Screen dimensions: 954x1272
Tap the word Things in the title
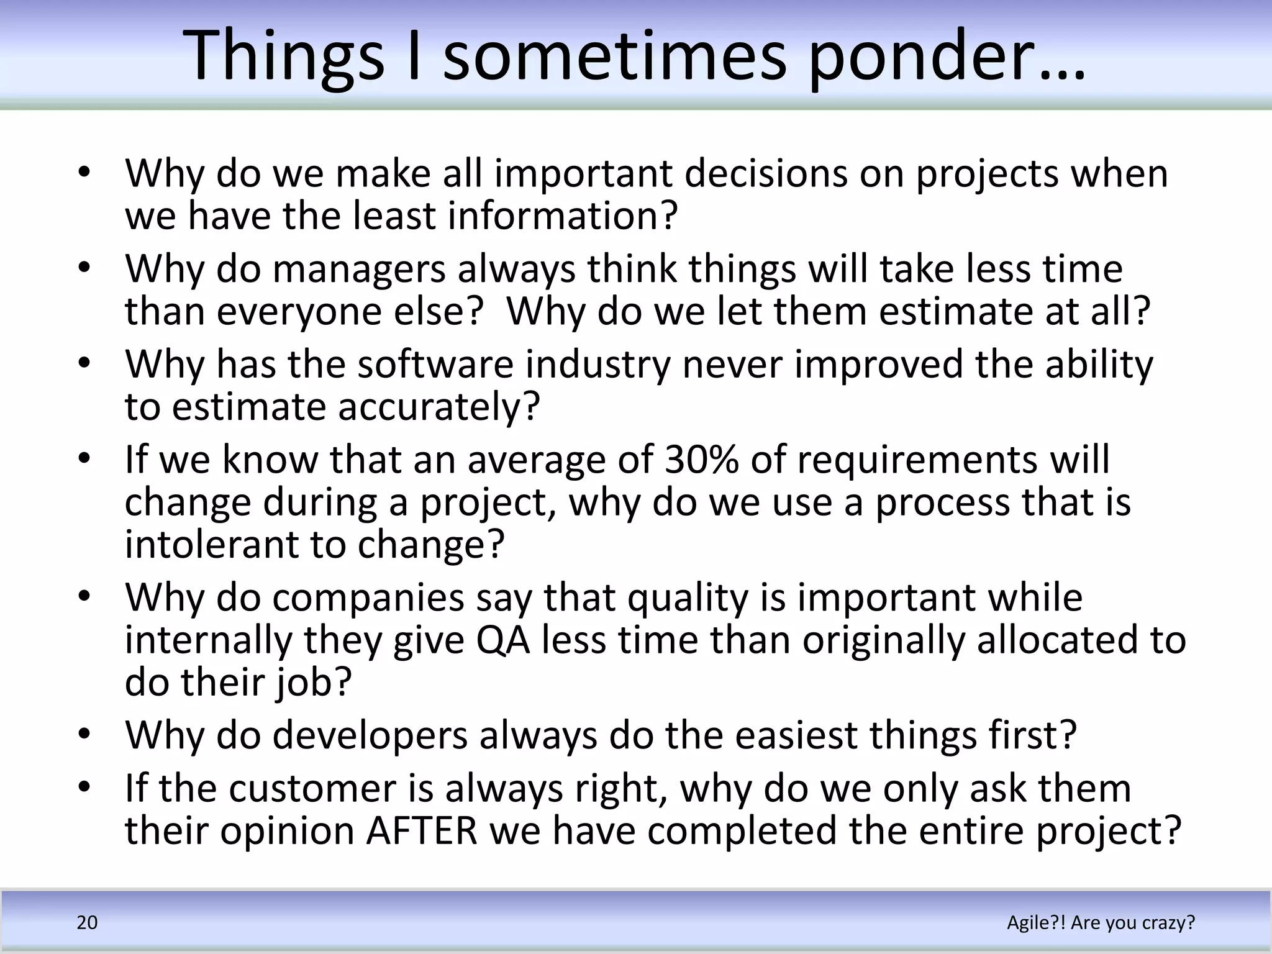pyautogui.click(x=283, y=57)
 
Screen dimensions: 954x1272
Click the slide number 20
pyautogui.click(x=87, y=922)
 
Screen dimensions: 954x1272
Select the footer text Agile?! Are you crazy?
pyautogui.click(x=1101, y=922)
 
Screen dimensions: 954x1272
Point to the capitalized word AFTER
pyautogui.click(x=422, y=830)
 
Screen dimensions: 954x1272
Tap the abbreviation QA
pyautogui.click(x=503, y=640)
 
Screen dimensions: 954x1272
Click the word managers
pyautogui.click(x=358, y=269)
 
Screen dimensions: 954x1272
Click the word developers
pyautogui.click(x=370, y=735)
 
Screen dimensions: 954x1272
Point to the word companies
pyautogui.click(x=368, y=597)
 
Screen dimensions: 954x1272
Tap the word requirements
pyautogui.click(x=918, y=460)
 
